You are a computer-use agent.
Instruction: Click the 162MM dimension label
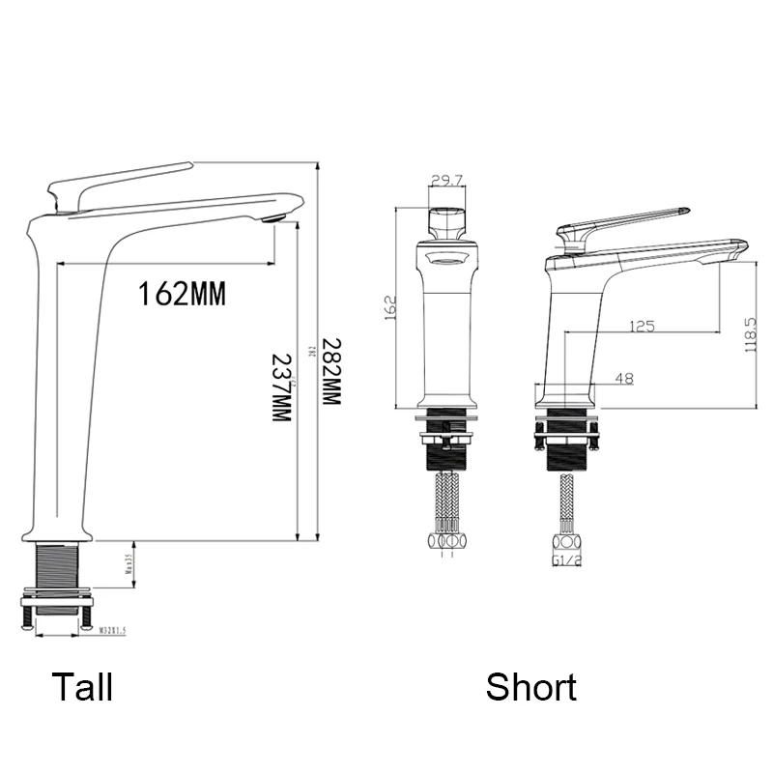182,293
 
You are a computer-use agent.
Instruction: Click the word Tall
82,687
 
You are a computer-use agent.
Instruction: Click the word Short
530,687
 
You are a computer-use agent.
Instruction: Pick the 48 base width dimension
623,379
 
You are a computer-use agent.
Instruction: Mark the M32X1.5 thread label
113,629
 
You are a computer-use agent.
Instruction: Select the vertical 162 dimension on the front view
391,308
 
